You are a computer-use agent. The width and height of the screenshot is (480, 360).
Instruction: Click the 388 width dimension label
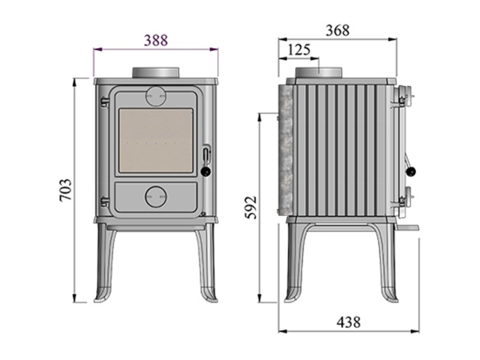[156, 40]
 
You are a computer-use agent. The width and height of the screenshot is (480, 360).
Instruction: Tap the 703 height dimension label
[66, 189]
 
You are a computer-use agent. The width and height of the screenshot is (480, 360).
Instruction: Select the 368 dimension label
[337, 30]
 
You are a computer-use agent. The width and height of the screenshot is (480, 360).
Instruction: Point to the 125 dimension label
[299, 49]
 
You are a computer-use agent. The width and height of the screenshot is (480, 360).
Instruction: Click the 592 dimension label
[251, 207]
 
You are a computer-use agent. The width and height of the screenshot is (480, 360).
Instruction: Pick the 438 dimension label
[349, 322]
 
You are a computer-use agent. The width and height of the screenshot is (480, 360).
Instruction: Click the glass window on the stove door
[156, 140]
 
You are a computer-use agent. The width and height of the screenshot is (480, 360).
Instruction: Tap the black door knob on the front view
[206, 171]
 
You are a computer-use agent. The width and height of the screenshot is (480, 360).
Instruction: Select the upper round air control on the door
[156, 96]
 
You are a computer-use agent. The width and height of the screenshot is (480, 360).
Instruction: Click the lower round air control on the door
[156, 197]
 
